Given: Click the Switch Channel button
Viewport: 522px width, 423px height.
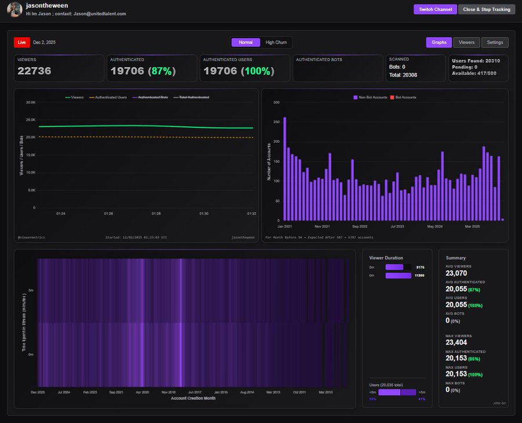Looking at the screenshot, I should coord(435,9).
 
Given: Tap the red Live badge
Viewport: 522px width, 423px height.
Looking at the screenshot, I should coord(22,42).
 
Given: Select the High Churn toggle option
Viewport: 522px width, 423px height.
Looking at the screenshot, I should coord(275,42).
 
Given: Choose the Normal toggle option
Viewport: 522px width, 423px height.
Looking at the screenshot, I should coord(245,42).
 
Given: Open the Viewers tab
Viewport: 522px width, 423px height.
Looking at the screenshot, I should coord(466,42).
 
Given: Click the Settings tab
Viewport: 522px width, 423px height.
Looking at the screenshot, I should coord(495,42).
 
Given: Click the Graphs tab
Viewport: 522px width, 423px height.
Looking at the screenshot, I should coord(438,42).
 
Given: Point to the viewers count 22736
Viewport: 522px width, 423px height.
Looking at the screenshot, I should coord(34,71).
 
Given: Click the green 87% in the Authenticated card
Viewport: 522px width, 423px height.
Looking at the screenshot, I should coord(161,71).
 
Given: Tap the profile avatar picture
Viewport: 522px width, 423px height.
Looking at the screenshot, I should coord(14,9).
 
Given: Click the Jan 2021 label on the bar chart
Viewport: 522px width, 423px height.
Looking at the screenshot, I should coord(285,226).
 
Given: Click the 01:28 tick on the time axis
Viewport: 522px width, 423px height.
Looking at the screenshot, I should coord(156,214).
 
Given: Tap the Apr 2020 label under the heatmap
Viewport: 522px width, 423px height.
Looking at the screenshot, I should coord(142,392).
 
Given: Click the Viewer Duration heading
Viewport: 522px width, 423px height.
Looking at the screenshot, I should coord(386,258).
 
